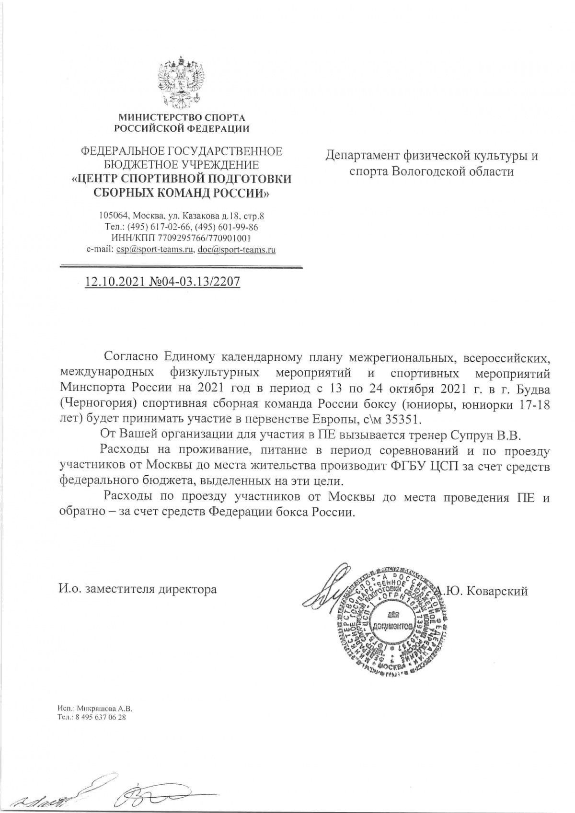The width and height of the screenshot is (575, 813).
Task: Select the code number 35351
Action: tap(405, 419)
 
